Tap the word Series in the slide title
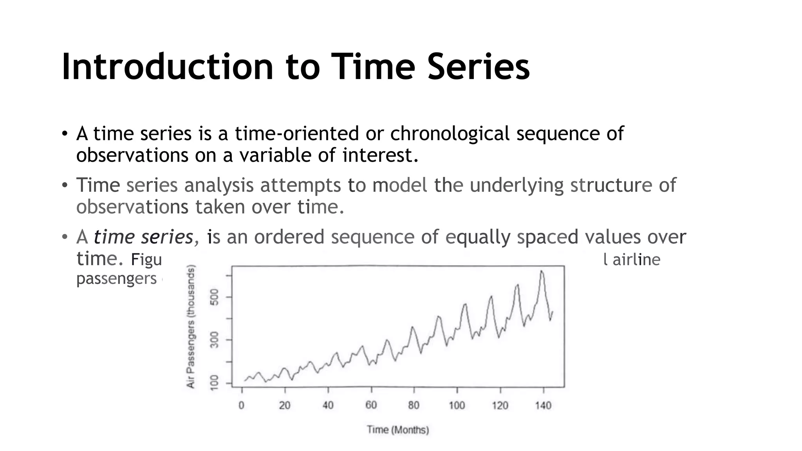479,67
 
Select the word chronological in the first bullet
450,133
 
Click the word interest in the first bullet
377,155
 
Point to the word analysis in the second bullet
219,185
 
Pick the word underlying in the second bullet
517,185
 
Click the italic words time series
143,237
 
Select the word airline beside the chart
636,260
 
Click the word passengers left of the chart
116,279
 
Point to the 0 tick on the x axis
242,405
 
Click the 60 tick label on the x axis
371,405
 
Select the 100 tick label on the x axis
457,405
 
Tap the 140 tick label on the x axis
543,405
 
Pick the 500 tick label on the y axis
214,297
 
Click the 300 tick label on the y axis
214,340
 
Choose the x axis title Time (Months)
398,430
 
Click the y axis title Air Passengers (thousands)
191,327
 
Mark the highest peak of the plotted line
542,271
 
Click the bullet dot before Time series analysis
65,186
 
